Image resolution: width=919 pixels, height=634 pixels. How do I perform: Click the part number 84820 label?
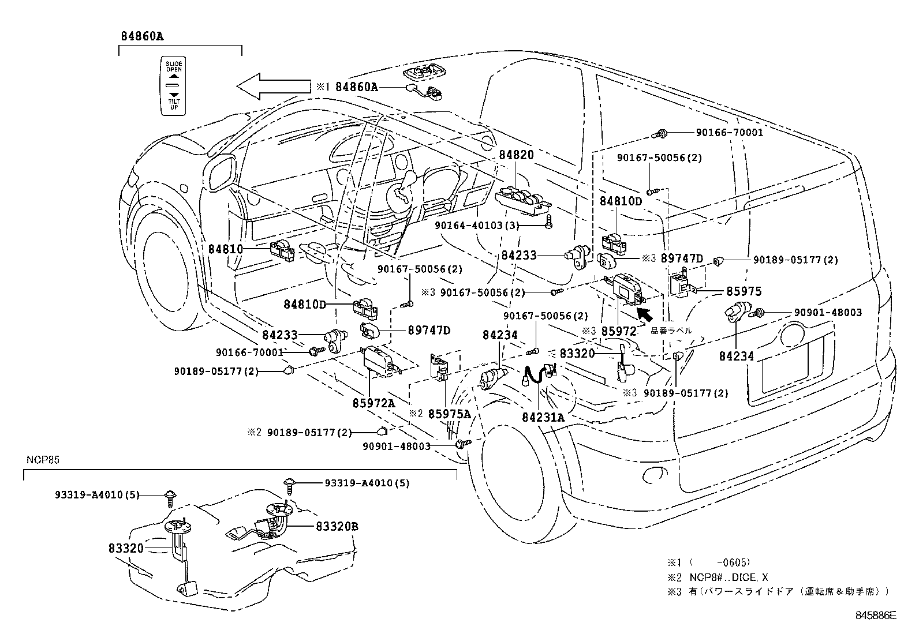[516, 155]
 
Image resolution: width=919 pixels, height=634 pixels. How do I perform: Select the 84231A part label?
[543, 417]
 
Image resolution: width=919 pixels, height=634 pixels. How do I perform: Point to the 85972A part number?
[373, 403]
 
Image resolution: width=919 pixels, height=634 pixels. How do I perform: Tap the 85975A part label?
[449, 414]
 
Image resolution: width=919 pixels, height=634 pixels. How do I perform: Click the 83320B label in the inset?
[337, 526]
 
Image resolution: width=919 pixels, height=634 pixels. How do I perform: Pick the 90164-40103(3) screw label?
[477, 226]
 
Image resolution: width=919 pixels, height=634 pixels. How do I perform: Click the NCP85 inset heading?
[43, 460]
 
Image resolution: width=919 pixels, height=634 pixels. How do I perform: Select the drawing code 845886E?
[876, 615]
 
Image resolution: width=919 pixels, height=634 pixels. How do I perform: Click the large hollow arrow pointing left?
[273, 87]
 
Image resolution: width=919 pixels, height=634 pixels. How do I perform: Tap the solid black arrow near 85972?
[644, 314]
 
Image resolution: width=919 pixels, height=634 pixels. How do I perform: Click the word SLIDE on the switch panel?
[174, 64]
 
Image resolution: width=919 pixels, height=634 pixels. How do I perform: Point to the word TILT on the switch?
[174, 102]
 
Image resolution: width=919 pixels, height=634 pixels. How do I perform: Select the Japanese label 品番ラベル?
[671, 331]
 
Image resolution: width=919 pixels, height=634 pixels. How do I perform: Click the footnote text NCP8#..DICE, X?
[729, 577]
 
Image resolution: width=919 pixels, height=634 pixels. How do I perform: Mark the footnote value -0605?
[733, 562]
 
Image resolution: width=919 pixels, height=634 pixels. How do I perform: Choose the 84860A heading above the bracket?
[142, 36]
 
